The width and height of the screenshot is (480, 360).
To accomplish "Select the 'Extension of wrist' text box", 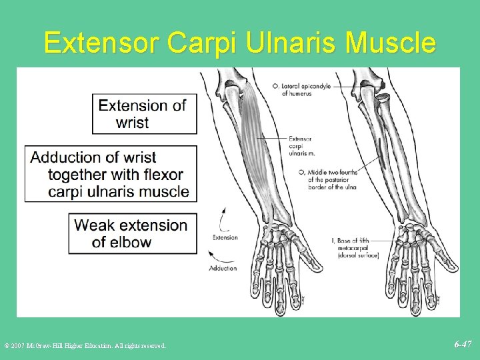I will (x=144, y=113).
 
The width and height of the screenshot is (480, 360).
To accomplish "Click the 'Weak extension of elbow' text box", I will (x=133, y=233).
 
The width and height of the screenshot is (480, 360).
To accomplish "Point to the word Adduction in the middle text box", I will (x=64, y=158).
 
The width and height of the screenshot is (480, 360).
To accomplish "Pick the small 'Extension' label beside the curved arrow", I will (x=225, y=237).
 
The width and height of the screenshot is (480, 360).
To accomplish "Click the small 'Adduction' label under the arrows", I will (x=223, y=268).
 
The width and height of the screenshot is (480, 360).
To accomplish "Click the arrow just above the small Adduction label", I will (x=218, y=255).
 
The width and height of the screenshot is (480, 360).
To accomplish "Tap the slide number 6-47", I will (x=463, y=345).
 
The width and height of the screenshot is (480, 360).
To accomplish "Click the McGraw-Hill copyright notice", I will (x=85, y=345).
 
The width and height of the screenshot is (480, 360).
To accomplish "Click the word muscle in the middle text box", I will (x=167, y=192).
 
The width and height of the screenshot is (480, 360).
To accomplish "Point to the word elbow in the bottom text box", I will (x=131, y=242).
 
